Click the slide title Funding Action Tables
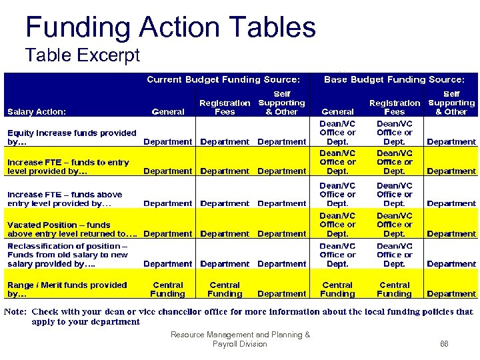[170, 27]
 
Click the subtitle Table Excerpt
[82, 55]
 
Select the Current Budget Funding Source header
[227, 79]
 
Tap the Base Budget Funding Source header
[394, 79]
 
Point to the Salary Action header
[37, 112]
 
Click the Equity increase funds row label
[71, 137]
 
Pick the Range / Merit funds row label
[67, 289]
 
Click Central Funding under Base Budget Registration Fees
[394, 289]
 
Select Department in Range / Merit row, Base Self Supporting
[451, 294]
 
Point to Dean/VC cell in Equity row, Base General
[337, 132]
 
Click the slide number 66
[445, 344]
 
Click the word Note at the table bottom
[16, 311]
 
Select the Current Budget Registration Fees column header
[225, 107]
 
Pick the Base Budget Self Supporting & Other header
[451, 103]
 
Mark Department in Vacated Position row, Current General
[167, 234]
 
